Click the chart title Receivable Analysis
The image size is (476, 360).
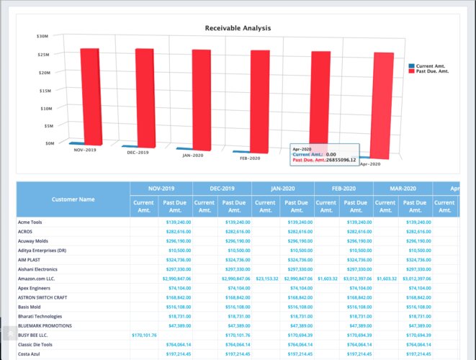[238, 28]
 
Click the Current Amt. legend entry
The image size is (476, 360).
[432, 66]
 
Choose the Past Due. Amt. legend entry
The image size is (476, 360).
[434, 71]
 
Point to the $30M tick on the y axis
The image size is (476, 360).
[42, 36]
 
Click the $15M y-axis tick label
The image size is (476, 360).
[42, 91]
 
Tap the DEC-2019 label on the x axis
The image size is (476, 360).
[138, 153]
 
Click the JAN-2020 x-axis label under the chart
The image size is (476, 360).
[193, 156]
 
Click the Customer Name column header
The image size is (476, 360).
[73, 199]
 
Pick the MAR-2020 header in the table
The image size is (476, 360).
[403, 189]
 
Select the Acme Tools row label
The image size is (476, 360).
[30, 222]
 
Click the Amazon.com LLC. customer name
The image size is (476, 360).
[36, 277]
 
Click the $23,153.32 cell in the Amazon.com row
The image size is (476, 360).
[266, 277]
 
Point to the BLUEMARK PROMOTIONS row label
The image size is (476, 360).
[45, 325]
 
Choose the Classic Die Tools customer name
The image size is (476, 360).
[36, 344]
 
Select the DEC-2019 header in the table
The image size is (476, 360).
[223, 189]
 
